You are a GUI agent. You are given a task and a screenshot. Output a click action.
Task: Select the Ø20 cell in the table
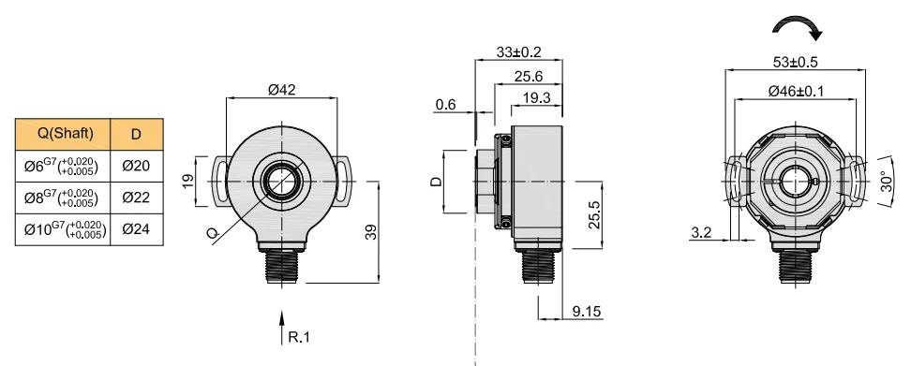137,166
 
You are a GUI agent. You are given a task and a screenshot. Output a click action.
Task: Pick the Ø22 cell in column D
137,198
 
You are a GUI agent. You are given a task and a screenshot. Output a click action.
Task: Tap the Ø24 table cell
137,229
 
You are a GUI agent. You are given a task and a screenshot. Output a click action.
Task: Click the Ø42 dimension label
282,89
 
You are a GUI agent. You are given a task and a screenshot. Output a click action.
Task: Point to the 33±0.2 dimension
518,51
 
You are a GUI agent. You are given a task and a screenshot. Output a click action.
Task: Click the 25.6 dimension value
528,76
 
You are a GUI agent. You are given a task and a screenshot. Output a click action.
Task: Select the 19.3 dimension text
536,97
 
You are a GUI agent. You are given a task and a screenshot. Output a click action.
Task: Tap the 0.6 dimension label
445,105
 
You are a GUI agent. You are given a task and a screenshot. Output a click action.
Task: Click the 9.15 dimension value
586,312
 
